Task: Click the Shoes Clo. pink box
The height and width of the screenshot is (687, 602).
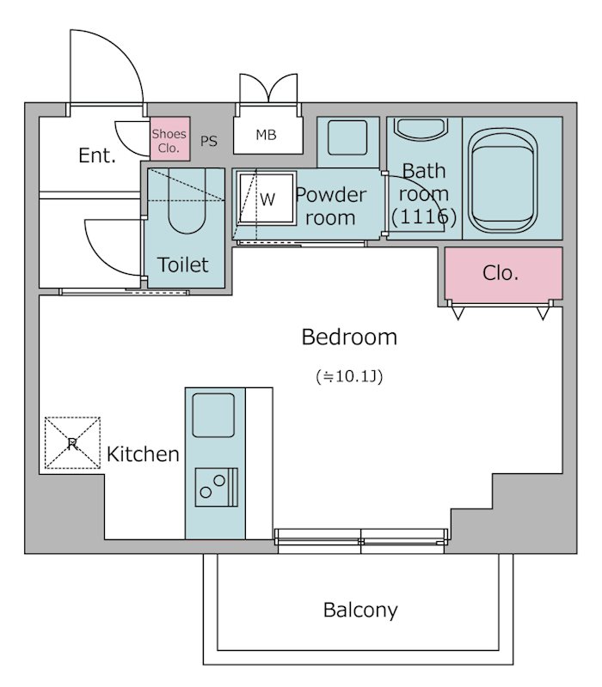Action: (170, 138)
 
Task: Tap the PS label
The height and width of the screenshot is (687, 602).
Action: (209, 141)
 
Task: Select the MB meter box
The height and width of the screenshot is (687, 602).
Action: (268, 135)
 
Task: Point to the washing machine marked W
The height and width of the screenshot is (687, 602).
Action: (266, 198)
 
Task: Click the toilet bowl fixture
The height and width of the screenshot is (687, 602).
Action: (187, 201)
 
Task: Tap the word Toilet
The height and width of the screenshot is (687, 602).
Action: (183, 264)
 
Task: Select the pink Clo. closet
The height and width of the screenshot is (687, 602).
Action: (503, 273)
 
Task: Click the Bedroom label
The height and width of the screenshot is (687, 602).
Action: (349, 337)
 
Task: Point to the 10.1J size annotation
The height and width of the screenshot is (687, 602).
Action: (349, 376)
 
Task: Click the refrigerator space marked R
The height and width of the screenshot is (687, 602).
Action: (72, 443)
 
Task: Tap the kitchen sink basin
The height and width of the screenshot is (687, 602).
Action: (213, 415)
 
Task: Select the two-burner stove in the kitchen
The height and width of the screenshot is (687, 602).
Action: (217, 487)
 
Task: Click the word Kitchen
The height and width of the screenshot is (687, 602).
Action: (143, 454)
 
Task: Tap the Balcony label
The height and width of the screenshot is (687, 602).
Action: (360, 610)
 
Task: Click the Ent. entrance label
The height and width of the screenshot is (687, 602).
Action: (97, 155)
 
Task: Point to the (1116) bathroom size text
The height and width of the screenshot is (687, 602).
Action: (423, 216)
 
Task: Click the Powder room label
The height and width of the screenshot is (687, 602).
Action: (331, 206)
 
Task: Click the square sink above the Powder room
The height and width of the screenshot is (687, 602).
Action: (347, 137)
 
